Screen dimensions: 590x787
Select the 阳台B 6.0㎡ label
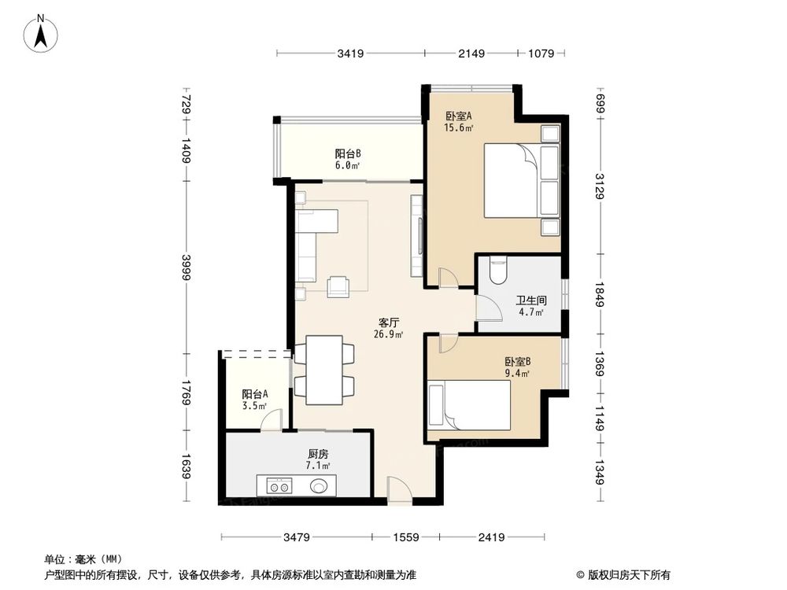tap(347, 160)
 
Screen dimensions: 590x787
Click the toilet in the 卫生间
tap(497, 271)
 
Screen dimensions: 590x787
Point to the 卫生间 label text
tap(531, 300)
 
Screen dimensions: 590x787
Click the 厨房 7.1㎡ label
tap(318, 459)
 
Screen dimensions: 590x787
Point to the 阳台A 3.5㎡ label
tap(254, 400)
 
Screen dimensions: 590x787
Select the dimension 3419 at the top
tap(350, 54)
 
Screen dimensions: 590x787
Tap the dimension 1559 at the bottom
tap(406, 537)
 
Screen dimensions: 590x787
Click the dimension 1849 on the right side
tap(600, 294)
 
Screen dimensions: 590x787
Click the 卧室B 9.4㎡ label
tap(517, 367)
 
